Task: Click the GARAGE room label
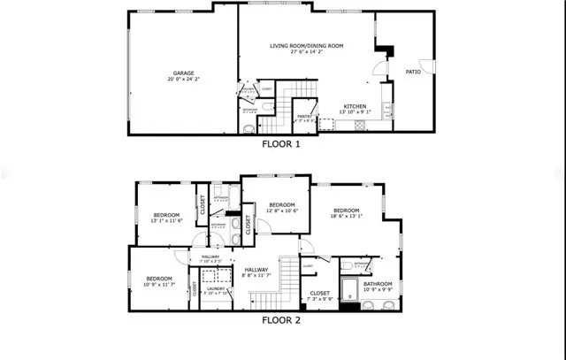pos(183,73)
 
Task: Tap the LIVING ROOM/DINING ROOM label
pos(306,45)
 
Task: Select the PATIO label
pos(414,73)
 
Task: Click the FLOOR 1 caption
pos(281,144)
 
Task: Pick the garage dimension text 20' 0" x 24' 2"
pos(183,80)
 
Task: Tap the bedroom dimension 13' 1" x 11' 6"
pos(166,222)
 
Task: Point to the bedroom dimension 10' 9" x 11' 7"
pos(160,284)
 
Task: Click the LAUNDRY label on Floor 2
pos(215,288)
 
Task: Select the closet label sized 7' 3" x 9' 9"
pos(320,298)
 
